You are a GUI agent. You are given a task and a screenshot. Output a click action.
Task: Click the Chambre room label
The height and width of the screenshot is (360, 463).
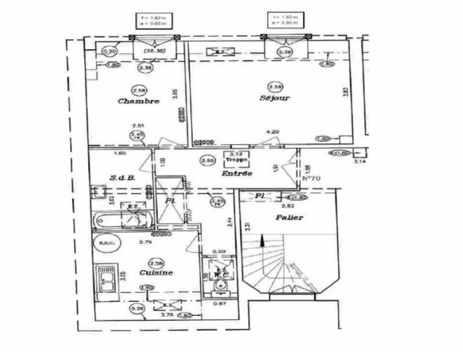point(138,101)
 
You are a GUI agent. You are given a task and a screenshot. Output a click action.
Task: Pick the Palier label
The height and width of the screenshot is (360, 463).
point(290,217)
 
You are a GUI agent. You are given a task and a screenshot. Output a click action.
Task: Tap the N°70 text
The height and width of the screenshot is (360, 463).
point(311,178)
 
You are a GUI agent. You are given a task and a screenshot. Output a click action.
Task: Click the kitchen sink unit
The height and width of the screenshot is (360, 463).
point(107,280)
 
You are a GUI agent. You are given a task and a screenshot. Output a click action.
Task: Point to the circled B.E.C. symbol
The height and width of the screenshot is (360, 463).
point(106,243)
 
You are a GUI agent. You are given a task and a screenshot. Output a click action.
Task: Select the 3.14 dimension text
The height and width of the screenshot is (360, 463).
point(360,161)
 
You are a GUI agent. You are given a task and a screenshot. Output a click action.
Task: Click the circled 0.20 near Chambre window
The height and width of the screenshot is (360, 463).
point(109,51)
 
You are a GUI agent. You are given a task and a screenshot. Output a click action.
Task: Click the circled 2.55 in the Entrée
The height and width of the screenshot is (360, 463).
point(206,160)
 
